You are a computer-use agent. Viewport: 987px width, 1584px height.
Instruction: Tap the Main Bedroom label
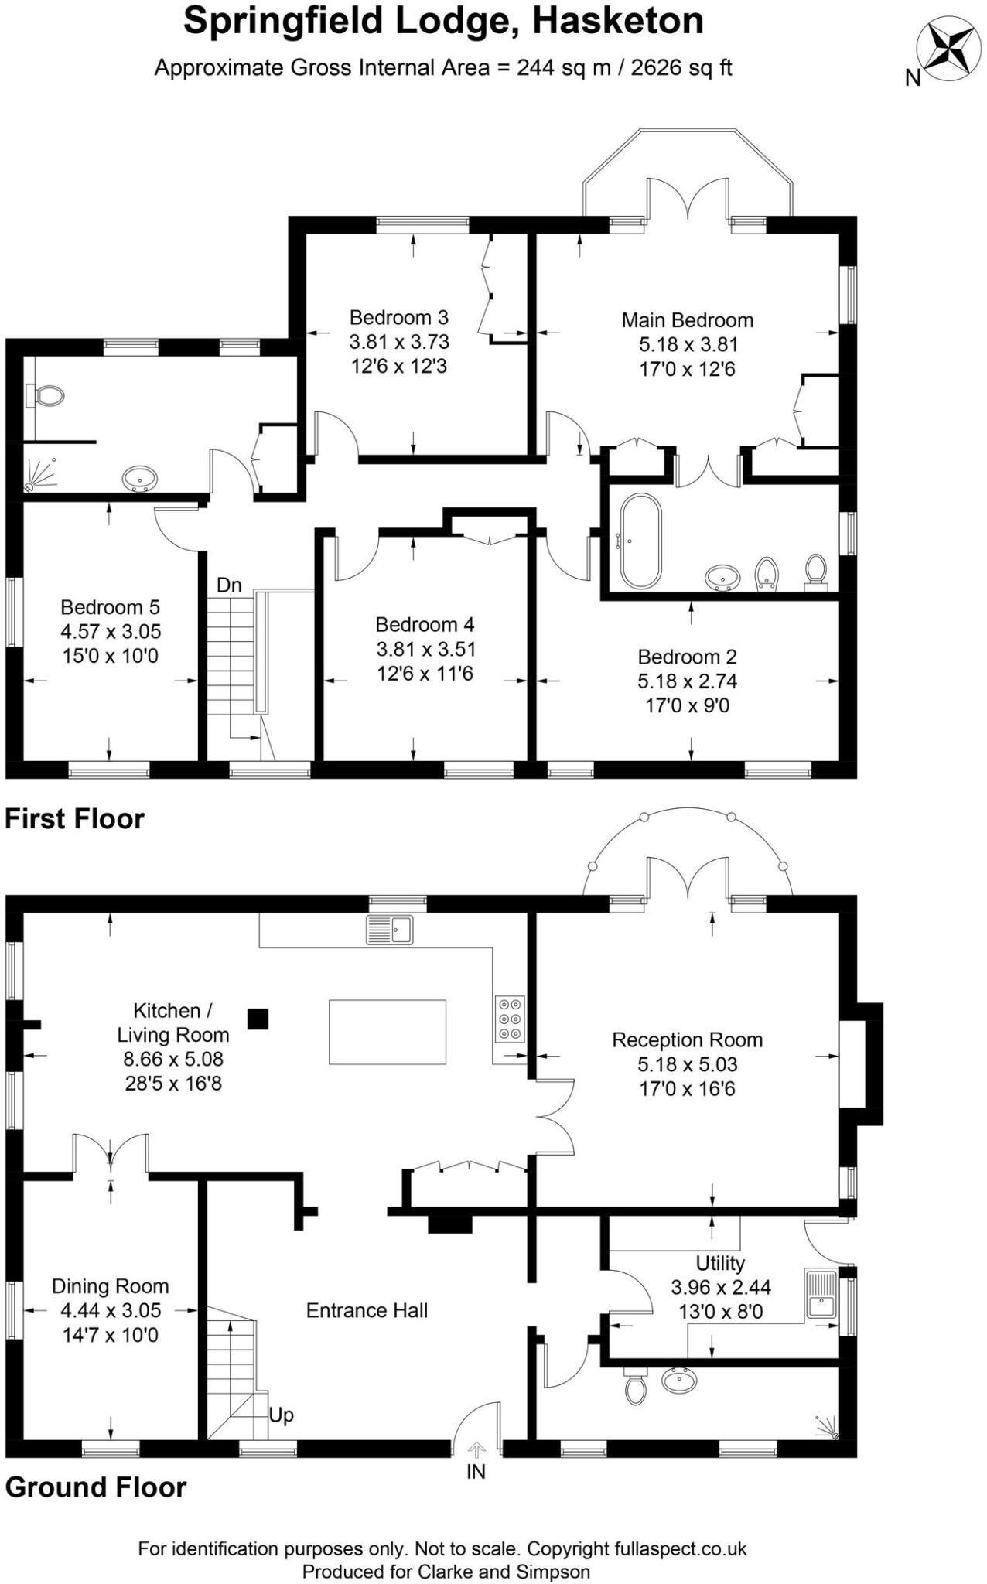point(687,320)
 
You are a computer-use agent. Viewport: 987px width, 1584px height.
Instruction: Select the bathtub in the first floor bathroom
point(640,541)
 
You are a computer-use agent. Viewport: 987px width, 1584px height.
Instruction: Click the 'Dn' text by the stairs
point(229,585)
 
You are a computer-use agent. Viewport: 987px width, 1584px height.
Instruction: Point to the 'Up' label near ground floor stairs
point(281,1415)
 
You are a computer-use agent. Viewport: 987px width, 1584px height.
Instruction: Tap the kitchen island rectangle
point(387,1032)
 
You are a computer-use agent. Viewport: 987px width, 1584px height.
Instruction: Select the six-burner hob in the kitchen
point(510,1019)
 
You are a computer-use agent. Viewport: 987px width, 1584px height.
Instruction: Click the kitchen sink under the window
point(390,929)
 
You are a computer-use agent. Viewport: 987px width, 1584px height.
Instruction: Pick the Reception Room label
point(687,1040)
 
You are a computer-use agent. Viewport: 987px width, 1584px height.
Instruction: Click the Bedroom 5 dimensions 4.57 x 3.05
point(111,632)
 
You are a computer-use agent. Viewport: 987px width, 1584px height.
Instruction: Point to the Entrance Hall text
point(367,1310)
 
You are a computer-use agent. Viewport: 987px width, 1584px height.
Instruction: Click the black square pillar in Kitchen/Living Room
point(258,1019)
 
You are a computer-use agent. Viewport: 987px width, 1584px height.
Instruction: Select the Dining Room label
point(110,1286)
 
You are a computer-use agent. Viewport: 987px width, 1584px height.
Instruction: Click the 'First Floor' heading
point(74,819)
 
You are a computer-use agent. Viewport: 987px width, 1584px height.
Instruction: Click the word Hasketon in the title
point(617,21)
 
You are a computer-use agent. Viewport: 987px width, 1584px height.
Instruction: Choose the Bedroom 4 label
point(425,624)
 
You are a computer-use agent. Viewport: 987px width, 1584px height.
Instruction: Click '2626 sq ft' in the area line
point(681,67)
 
